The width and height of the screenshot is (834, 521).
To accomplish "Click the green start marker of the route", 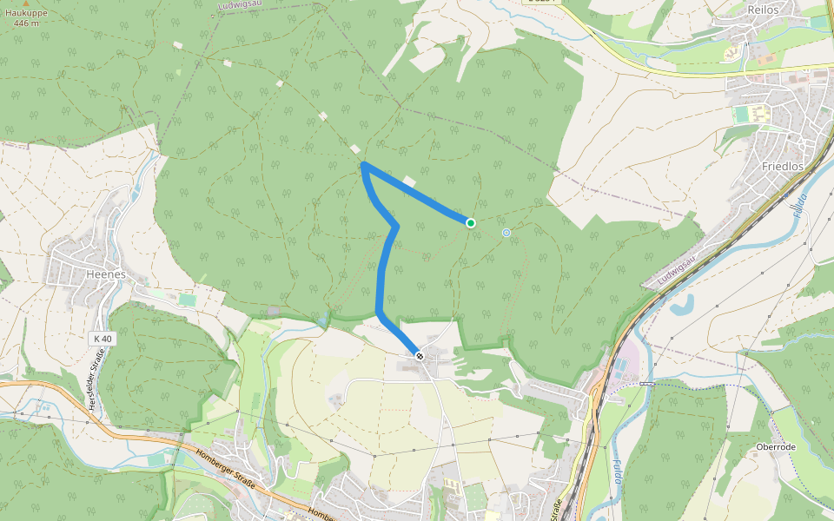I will click(470, 223).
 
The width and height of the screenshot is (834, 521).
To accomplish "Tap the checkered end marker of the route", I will click(419, 355).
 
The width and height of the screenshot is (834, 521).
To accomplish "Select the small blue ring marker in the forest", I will click(506, 233).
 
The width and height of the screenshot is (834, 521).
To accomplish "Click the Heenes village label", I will click(106, 274).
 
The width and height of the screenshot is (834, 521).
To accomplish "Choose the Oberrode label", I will click(776, 447).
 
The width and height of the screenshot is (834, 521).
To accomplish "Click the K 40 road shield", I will click(102, 338).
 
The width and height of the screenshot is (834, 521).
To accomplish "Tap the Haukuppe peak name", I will click(26, 13).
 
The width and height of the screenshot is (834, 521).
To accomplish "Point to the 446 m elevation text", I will click(26, 23).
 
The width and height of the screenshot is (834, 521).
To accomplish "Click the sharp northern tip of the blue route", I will click(362, 163).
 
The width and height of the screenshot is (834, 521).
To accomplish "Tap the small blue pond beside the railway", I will click(683, 304).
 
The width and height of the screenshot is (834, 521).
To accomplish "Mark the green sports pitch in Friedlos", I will click(740, 114).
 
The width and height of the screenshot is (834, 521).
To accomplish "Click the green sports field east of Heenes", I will click(188, 300).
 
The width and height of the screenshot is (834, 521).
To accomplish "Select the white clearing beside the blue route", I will click(409, 181).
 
